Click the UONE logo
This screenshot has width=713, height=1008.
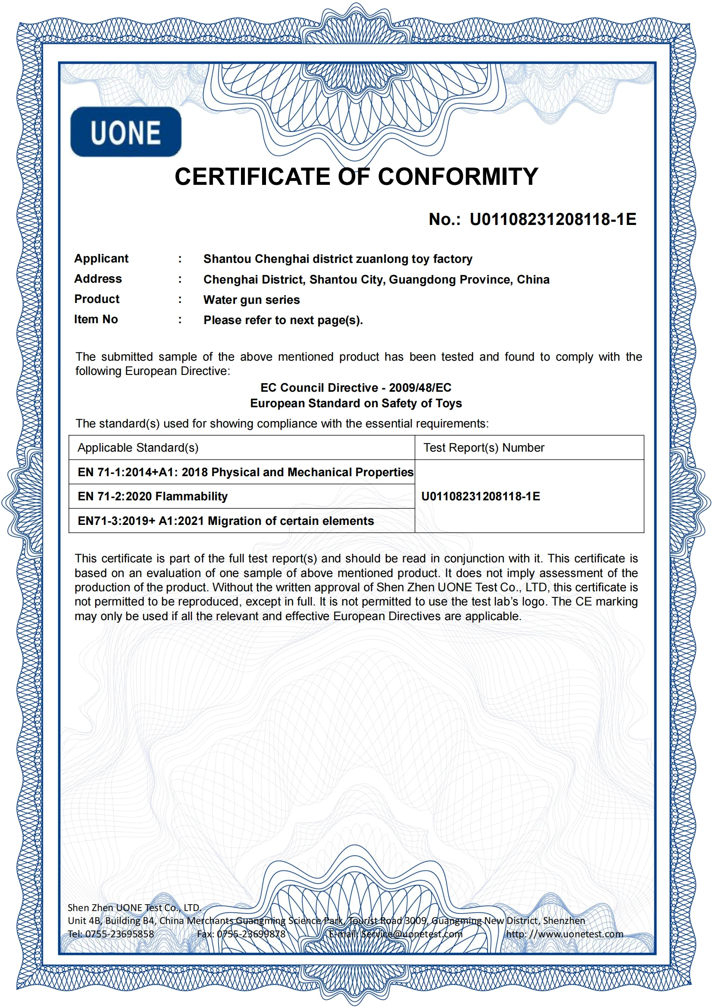point(125,132)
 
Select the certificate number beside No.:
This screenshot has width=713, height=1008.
point(553,219)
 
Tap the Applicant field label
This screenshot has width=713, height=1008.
point(101,259)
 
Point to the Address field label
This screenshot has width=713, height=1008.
point(98,279)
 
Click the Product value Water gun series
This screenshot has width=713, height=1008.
point(252,300)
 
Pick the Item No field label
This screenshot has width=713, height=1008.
point(96,319)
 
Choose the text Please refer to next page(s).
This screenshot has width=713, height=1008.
point(283,320)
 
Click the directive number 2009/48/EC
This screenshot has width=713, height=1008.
point(420,388)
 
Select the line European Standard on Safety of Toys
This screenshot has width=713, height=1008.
point(356,403)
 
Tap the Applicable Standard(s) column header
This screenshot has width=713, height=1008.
point(138,448)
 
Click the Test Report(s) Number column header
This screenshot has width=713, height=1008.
point(484,448)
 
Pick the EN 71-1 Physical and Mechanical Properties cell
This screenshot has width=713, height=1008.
point(245,472)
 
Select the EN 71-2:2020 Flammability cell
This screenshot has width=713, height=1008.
point(153,496)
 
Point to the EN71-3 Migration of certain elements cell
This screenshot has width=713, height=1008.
point(225,521)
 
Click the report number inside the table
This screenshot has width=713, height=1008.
point(481,496)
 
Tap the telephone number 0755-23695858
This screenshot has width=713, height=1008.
point(119,934)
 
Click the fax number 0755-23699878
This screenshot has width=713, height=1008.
point(251,934)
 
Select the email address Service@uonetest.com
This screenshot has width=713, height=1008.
point(411,934)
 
